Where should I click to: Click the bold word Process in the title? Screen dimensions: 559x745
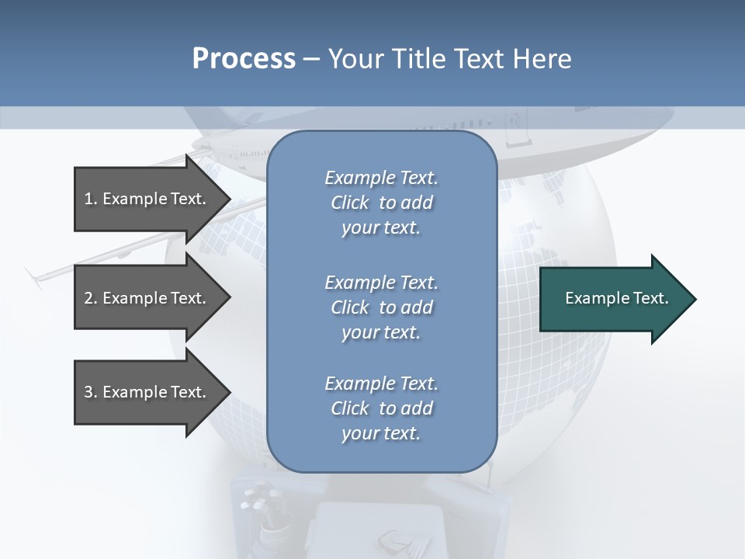(244, 59)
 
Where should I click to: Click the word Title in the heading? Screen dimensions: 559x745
(416, 59)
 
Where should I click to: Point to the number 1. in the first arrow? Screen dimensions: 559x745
(90, 200)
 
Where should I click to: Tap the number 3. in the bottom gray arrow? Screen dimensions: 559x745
(90, 393)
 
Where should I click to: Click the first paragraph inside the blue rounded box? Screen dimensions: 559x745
(381, 203)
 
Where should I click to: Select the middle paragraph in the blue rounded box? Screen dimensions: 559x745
(381, 307)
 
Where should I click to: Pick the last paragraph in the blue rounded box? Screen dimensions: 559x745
(381, 408)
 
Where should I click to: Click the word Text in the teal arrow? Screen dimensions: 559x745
(651, 298)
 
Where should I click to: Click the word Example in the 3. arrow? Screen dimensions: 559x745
(135, 393)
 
